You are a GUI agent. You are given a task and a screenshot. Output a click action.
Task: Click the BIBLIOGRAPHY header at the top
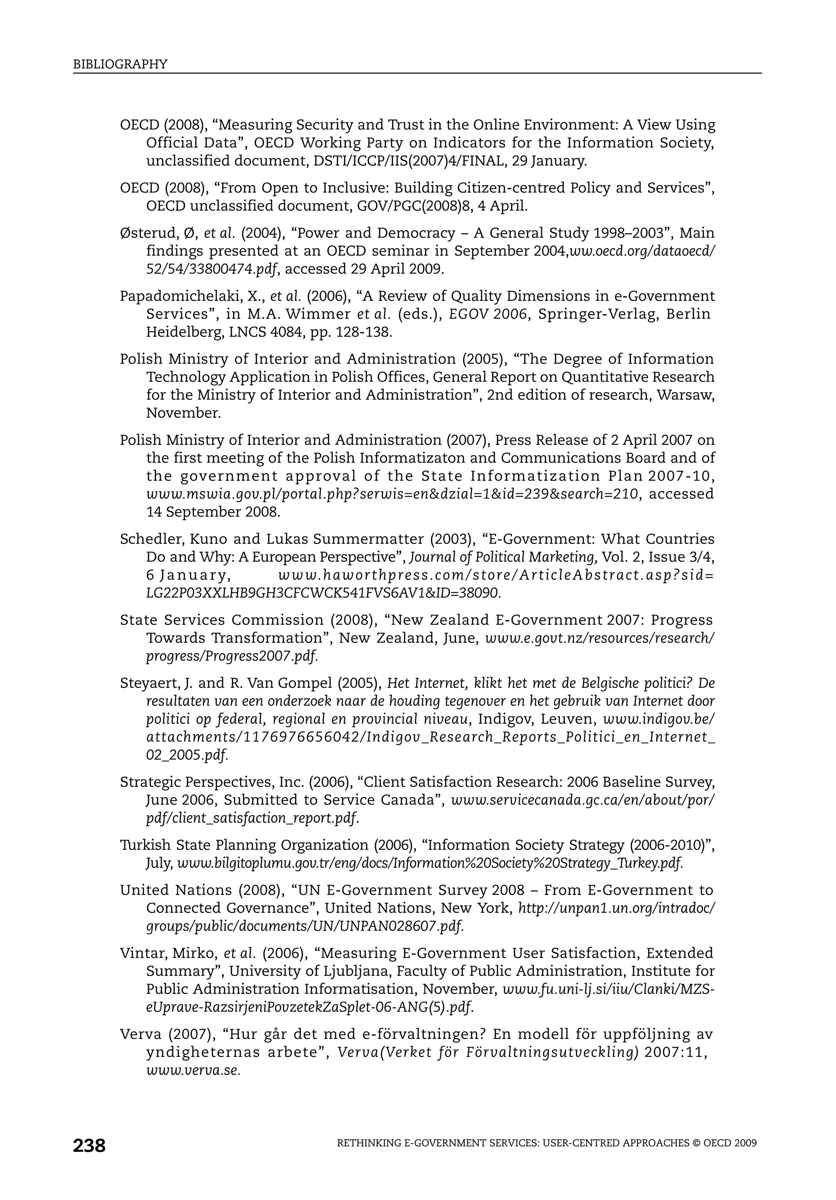click(120, 64)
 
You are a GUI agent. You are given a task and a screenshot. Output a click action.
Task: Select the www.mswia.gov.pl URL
click(392, 494)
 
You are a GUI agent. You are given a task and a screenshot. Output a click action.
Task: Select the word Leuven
click(566, 720)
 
